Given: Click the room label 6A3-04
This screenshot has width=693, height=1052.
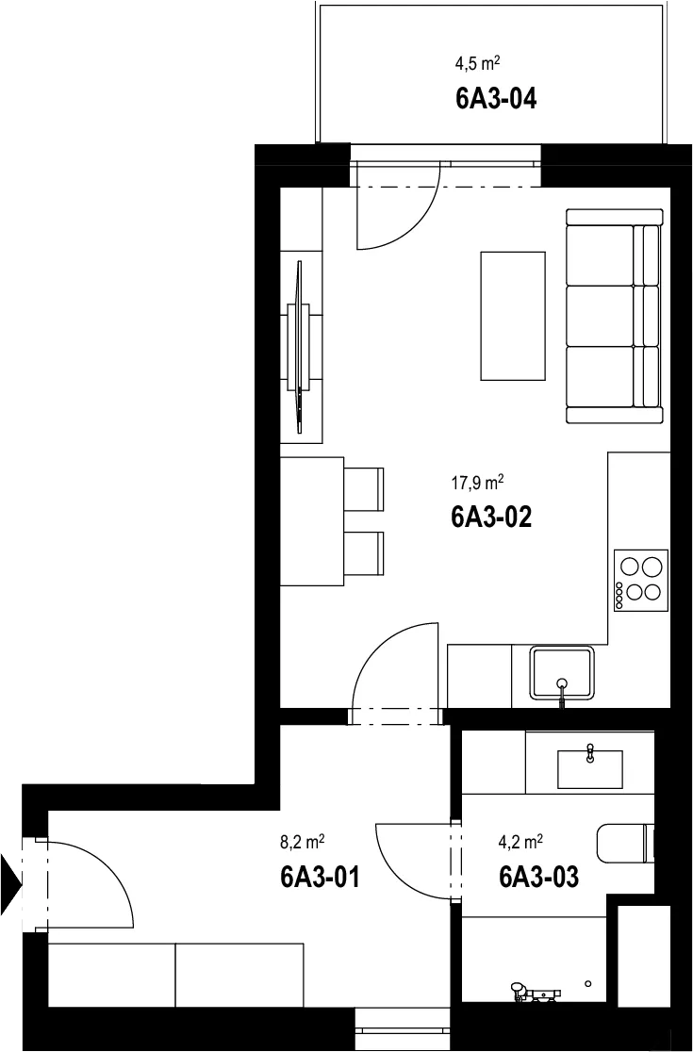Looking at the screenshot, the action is (496, 99).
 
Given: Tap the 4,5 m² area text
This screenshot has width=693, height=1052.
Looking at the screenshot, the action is (478, 64).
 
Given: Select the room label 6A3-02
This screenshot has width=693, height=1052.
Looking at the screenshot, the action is (492, 517).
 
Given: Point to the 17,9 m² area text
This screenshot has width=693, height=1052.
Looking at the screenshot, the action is (478, 482).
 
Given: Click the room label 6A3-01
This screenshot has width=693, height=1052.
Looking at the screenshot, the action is (320, 877).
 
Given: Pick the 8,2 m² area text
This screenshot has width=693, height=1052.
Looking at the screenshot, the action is (303, 842).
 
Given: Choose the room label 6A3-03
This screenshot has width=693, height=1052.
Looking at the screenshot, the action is (538, 877).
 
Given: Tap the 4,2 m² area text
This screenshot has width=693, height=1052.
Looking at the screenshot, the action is (520, 842).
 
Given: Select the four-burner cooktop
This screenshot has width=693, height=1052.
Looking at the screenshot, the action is (641, 580).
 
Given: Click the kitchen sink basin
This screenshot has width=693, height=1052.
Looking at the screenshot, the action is (562, 672).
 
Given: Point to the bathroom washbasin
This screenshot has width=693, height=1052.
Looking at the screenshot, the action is (590, 769).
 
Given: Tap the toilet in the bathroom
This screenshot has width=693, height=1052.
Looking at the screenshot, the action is (625, 844).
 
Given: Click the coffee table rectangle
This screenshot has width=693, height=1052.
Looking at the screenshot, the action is (513, 316).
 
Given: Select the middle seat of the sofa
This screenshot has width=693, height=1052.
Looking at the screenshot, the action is (601, 316).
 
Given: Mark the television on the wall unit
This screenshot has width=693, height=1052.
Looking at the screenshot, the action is (299, 347).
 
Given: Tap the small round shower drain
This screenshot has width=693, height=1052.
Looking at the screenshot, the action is (588, 983).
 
